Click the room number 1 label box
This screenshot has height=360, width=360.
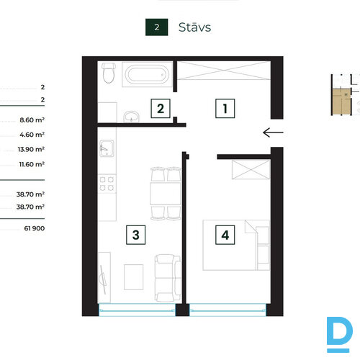click(225, 108)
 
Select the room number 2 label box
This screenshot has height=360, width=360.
click(161, 108)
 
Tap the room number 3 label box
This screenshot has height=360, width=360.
click(136, 235)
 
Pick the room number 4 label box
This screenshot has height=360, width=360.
click(225, 235)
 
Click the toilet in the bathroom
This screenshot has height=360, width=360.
click(109, 73)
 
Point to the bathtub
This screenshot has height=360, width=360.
click(147, 74)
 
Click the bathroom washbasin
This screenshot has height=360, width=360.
click(131, 117)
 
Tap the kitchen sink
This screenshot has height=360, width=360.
click(107, 148)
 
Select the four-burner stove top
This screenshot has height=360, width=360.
click(107, 184)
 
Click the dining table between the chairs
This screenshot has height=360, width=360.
click(166, 194)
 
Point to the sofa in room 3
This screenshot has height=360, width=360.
click(168, 278)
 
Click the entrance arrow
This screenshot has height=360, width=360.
click(273, 132)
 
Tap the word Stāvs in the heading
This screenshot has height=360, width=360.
click(194, 27)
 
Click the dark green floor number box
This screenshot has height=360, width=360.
click(157, 27)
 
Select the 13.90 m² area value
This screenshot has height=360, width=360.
click(31, 149)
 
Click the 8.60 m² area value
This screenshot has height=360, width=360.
click(32, 120)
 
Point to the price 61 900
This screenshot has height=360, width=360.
click(35, 228)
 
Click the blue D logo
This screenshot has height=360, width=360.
click(339, 334)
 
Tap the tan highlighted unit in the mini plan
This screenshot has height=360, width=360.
click(341, 102)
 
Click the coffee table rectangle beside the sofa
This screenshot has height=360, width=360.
click(133, 277)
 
